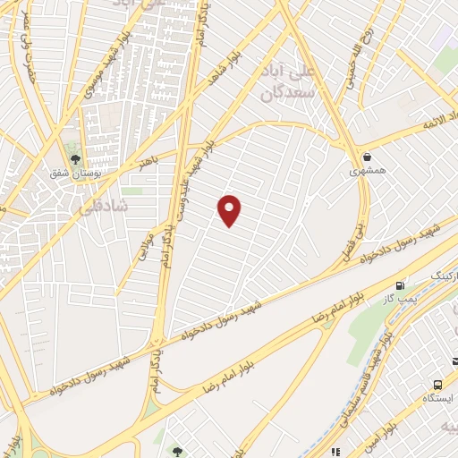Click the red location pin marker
tap(231, 209)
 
